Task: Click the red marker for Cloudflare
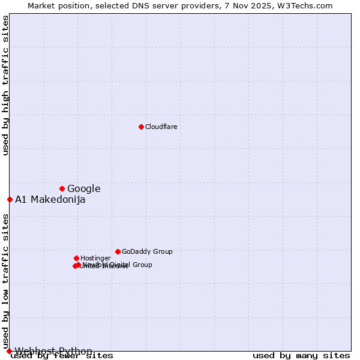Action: coord(141,127)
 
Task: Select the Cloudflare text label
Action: coord(161,127)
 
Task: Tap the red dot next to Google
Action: coord(62,188)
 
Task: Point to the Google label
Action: coord(84,189)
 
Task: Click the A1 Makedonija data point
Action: coord(10,199)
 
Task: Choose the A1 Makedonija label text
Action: coord(50,200)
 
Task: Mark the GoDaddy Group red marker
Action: coord(118,251)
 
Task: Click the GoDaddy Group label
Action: coord(147,252)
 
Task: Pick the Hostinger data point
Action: coord(76,258)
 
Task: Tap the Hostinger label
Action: coord(96,259)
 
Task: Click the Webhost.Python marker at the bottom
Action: coord(9,351)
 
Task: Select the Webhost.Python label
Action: coord(54,351)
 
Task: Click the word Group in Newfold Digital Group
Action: coord(142,265)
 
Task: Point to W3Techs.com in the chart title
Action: coord(304,5)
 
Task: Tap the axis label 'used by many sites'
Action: coord(301,356)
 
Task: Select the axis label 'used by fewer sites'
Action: coord(62,356)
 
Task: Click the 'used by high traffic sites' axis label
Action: coord(5,85)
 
